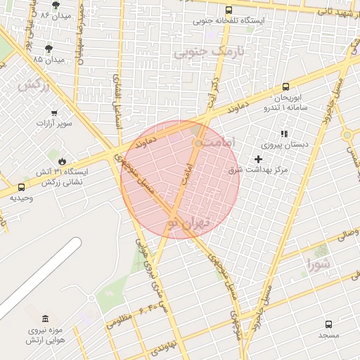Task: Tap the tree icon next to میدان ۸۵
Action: (49, 49)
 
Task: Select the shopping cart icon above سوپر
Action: (54, 112)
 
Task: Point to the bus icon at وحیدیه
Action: (21, 187)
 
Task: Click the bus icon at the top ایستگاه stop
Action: (229, 10)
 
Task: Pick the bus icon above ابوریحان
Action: (287, 86)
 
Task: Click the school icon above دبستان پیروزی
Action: (284, 133)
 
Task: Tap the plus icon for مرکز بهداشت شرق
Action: (258, 160)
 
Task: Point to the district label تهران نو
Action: (188, 224)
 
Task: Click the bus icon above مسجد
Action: (328, 324)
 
